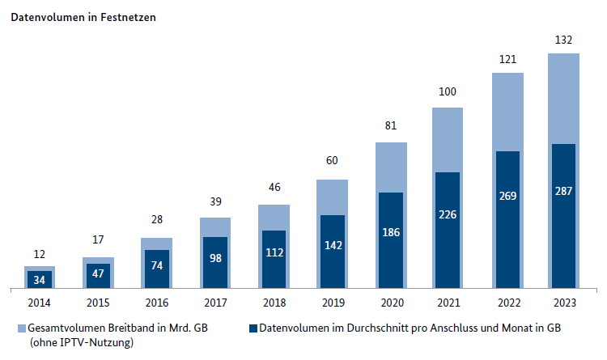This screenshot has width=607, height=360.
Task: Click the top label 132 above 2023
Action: pos(565,40)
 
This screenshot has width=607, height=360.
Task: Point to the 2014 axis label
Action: pos(40,304)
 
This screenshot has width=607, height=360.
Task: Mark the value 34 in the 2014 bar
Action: pos(40,278)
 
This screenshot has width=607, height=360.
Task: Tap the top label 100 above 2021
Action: pos(448,93)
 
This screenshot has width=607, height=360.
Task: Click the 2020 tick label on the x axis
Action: pos(389,304)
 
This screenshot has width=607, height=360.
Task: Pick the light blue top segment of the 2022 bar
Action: pos(507,112)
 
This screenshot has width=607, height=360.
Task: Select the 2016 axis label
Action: pos(156,304)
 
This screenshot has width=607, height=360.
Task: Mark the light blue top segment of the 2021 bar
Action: pos(448,139)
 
